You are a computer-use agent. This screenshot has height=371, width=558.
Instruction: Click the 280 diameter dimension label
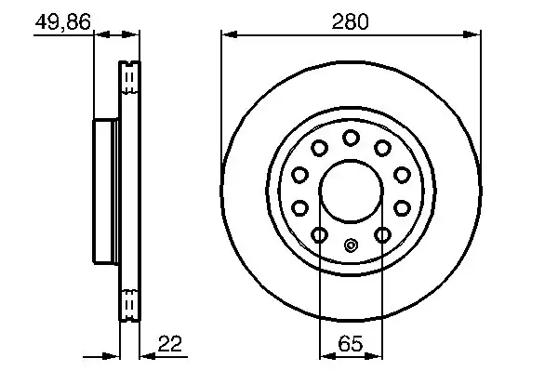(351, 21)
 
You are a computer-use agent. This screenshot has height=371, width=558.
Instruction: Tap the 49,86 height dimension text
(63, 21)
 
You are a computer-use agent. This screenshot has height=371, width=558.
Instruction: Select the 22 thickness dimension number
(170, 343)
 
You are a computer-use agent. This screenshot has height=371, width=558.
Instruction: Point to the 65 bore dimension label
(351, 343)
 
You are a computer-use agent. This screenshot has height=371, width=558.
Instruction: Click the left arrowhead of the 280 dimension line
(230, 34)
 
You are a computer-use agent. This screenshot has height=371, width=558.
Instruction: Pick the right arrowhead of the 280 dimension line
(472, 34)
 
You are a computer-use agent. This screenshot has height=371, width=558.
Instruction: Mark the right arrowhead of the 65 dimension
(375, 356)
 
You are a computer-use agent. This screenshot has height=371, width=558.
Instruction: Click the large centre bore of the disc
(351, 192)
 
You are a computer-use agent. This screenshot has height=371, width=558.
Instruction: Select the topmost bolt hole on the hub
(351, 138)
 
